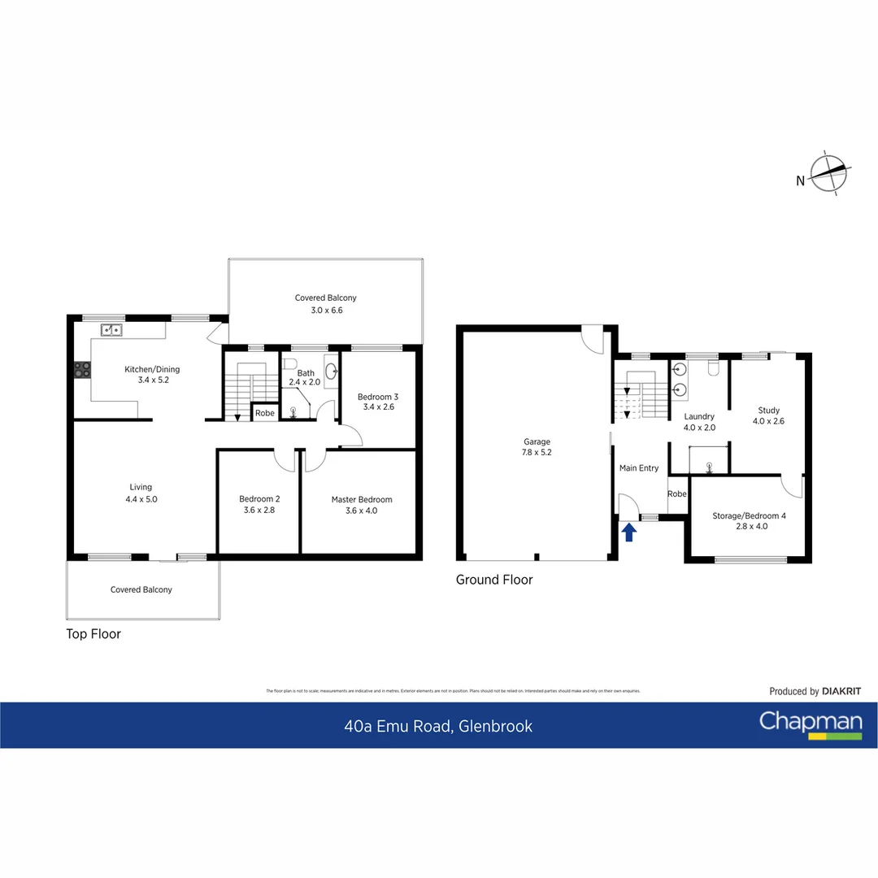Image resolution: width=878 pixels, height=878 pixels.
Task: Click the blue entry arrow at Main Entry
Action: point(628,532)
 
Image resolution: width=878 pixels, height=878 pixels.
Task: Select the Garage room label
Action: point(537,442)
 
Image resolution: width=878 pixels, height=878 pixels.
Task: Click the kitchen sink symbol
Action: point(111,329)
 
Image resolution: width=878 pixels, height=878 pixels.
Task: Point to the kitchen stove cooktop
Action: point(83,370)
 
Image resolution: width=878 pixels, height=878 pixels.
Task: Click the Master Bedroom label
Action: point(361,499)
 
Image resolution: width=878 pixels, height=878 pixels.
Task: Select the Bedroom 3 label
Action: point(378,397)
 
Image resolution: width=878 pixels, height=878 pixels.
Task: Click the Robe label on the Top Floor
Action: point(264,413)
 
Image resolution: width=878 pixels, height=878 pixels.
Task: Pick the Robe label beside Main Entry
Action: point(676,493)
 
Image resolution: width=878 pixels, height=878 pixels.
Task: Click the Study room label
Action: point(768,411)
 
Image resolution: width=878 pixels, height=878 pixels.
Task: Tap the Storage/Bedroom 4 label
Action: point(749,515)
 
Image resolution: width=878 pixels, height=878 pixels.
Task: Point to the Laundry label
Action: point(699,416)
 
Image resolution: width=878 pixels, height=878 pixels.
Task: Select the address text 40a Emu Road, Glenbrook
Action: point(438,726)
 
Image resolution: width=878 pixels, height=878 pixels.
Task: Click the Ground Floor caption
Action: point(493,580)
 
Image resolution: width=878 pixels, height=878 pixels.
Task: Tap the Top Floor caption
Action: point(93,634)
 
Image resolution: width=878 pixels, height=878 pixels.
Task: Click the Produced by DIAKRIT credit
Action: point(815,691)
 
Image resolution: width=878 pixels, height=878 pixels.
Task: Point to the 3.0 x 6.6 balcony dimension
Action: point(325,309)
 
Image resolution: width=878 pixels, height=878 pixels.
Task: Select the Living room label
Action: point(141,487)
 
